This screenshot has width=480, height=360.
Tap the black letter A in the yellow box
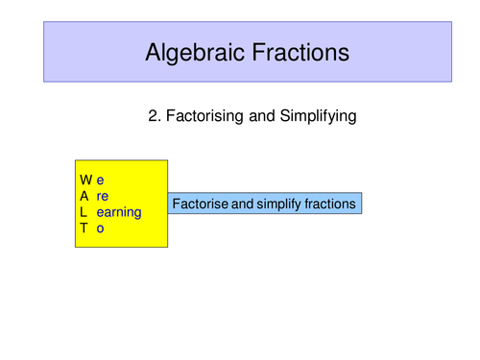[x=85, y=196]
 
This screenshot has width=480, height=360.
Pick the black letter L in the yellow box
[x=84, y=212]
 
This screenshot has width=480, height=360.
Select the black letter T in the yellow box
[x=84, y=228]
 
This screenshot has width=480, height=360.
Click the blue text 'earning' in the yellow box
[x=119, y=212]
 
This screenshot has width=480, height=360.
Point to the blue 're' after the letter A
[x=103, y=196]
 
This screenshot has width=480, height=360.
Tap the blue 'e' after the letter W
[x=100, y=180]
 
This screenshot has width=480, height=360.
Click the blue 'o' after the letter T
[x=100, y=228]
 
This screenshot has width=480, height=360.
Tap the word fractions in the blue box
[x=327, y=204]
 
